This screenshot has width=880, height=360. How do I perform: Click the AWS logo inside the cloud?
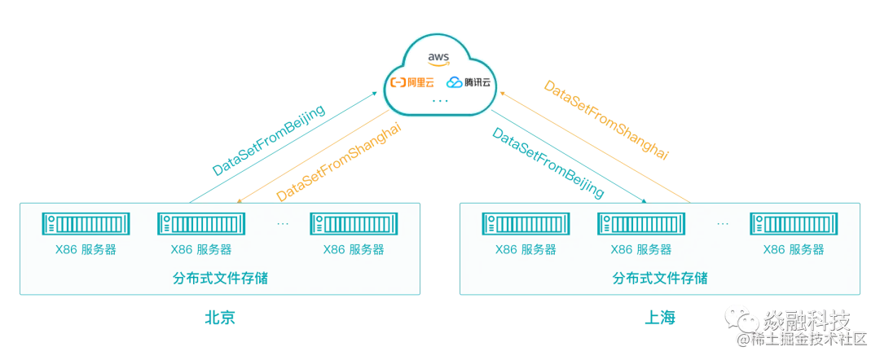tap(438, 58)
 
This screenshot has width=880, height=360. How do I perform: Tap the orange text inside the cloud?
tap(411, 82)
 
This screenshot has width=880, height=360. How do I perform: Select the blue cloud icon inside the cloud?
tap(454, 82)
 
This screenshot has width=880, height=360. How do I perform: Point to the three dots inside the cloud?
tap(439, 101)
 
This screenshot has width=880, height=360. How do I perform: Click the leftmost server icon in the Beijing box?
tap(86, 224)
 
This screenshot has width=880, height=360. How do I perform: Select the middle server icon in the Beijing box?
tap(201, 224)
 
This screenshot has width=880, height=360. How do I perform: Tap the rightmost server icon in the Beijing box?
tap(354, 224)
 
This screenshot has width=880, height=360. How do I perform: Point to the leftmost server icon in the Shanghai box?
tap(525, 224)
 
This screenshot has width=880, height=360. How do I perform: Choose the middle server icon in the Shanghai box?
tap(640, 224)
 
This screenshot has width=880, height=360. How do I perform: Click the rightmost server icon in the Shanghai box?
tap(793, 224)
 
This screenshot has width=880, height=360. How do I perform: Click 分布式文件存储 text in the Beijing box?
tap(221, 278)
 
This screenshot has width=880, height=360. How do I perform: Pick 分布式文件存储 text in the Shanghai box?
tap(659, 278)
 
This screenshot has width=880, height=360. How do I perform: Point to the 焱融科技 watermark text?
tap(807, 319)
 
